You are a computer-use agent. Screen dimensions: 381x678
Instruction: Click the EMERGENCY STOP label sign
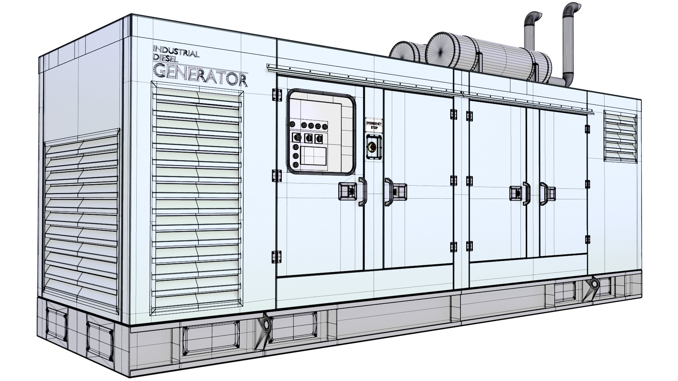pyautogui.click(x=374, y=125)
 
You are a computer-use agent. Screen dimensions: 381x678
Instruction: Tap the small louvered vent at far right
pyautogui.click(x=620, y=136)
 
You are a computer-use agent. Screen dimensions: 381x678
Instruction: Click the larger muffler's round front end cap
pyautogui.click(x=441, y=49)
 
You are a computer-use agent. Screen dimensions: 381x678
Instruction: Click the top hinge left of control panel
pyautogui.click(x=276, y=95)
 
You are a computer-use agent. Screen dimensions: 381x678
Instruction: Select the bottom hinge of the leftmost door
pyautogui.click(x=276, y=256)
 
